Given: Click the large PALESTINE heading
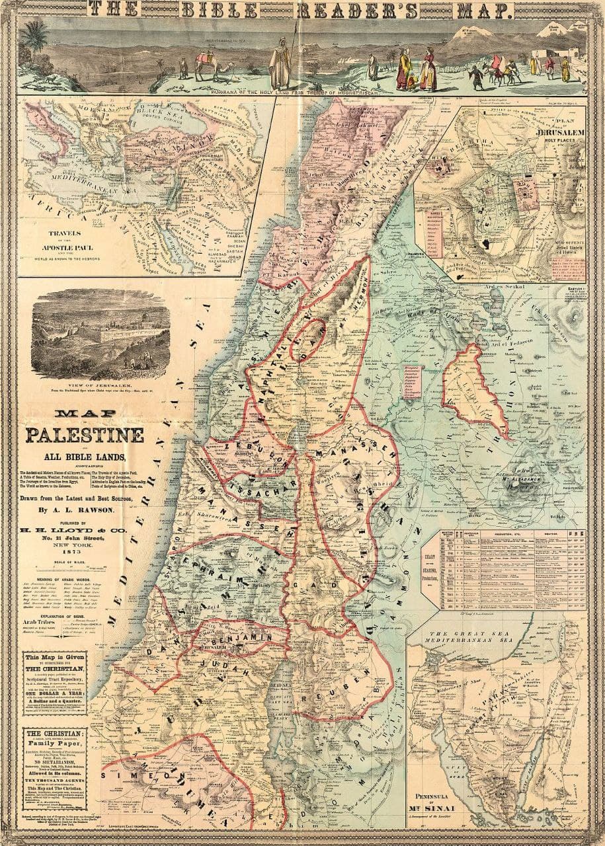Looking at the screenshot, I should (85, 436).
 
